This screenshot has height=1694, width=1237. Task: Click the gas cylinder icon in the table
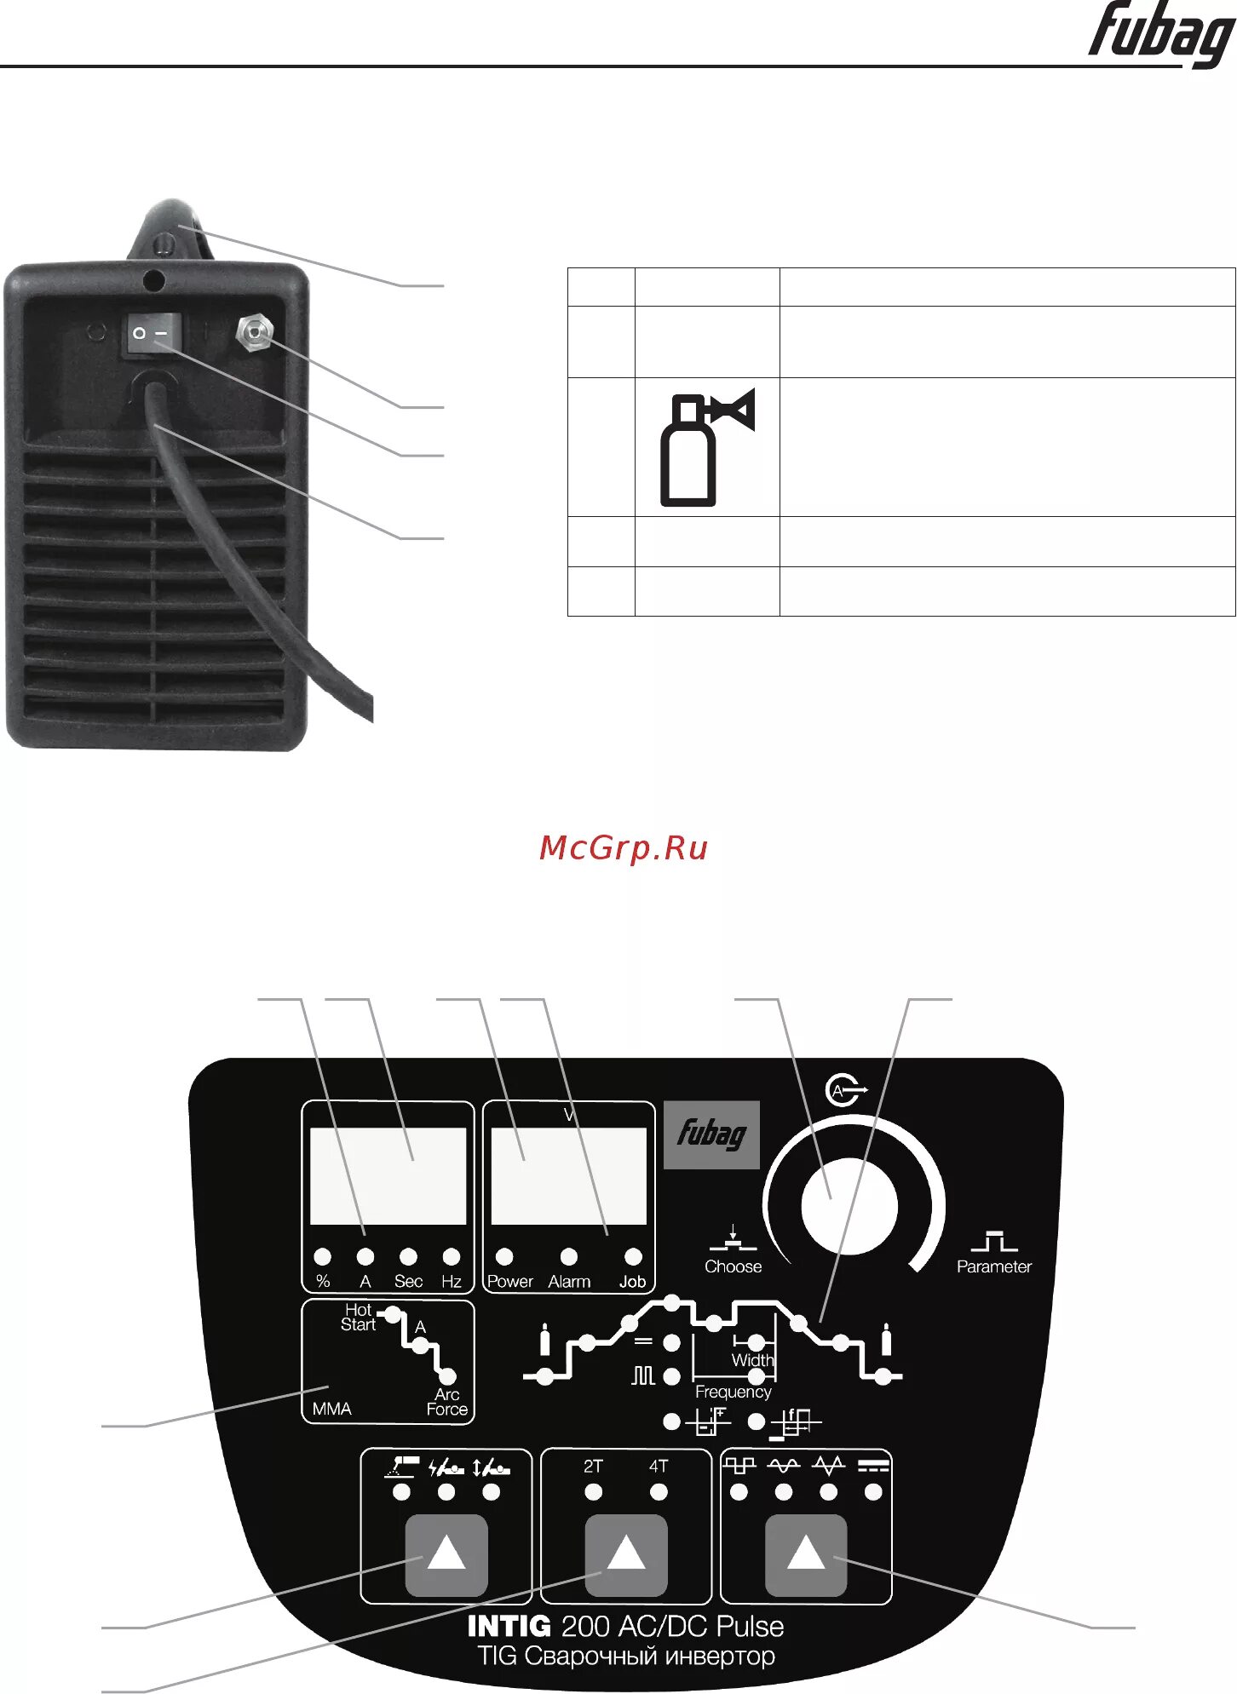tap(705, 447)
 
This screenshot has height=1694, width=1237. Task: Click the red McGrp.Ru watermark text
tap(624, 847)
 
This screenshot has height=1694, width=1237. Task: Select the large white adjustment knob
tap(849, 1206)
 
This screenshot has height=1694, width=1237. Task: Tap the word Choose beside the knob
tap(733, 1266)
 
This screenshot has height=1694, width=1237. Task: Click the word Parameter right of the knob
tap(993, 1266)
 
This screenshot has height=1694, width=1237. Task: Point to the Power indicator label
tap(509, 1282)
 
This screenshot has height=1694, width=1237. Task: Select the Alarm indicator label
tap(569, 1282)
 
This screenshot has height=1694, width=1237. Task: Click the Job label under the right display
tap(632, 1282)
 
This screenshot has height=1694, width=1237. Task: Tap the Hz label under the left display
tap(451, 1282)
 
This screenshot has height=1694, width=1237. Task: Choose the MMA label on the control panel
tap(331, 1409)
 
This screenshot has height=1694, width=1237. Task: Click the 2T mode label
tap(593, 1467)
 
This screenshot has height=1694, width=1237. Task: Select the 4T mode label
tap(659, 1467)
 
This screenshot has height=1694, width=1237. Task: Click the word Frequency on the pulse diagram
tap(733, 1392)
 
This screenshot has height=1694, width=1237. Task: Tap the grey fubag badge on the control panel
tap(711, 1134)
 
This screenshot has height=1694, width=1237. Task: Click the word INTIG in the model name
tap(509, 1627)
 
